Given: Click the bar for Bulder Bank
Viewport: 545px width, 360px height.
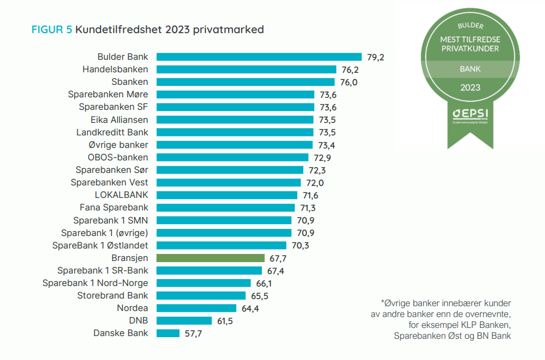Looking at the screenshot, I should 259,57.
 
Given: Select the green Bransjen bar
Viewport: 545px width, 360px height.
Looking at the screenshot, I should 210,258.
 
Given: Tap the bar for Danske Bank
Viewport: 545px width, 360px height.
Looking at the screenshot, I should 168,333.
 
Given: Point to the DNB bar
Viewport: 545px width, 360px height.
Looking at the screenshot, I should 184,321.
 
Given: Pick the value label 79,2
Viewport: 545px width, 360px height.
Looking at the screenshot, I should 375,57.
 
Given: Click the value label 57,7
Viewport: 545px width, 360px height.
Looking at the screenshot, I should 193,333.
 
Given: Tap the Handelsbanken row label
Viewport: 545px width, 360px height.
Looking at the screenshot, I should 115,69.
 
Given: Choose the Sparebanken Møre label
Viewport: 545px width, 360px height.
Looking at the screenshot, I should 108,94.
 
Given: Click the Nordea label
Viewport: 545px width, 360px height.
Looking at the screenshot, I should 132,308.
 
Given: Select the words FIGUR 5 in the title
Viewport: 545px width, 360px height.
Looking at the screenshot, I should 52,29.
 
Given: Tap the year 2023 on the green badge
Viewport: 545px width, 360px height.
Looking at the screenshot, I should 470,87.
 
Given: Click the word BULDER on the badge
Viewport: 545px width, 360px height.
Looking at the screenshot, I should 470,26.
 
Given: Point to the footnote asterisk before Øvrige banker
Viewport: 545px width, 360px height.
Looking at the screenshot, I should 383,302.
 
